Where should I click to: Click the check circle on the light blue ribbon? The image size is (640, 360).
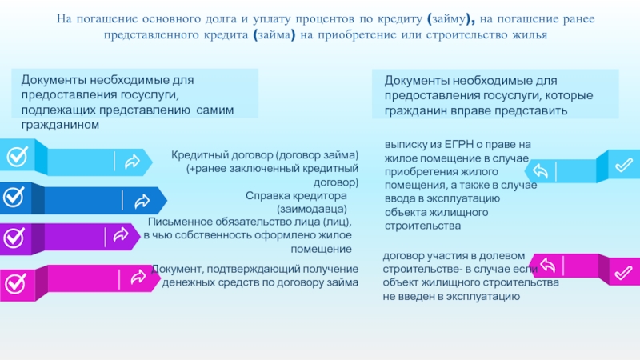coord(18,156)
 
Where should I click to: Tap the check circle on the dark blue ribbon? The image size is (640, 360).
coord(14,197)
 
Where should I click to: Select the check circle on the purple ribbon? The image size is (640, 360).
coord(14,238)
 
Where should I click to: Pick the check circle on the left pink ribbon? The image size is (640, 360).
coord(15,283)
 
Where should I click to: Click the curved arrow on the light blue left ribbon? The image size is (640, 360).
coord(132,162)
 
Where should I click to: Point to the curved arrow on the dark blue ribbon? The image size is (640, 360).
coord(142,201)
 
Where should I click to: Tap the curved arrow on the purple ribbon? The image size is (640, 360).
coord(121,234)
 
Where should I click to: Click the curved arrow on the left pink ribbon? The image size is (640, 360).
coord(138,277)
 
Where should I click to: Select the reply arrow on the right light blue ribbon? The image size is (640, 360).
coord(540,170)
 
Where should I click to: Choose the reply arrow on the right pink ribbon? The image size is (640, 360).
coord(548,266)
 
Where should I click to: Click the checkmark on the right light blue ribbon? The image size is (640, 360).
coord(624,165)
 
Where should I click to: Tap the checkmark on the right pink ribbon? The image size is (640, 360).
coord(623,273)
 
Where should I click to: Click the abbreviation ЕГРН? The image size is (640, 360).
coord(458,145)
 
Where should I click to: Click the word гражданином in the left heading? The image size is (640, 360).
coord(60,125)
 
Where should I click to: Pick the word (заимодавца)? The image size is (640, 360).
coord(312,210)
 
